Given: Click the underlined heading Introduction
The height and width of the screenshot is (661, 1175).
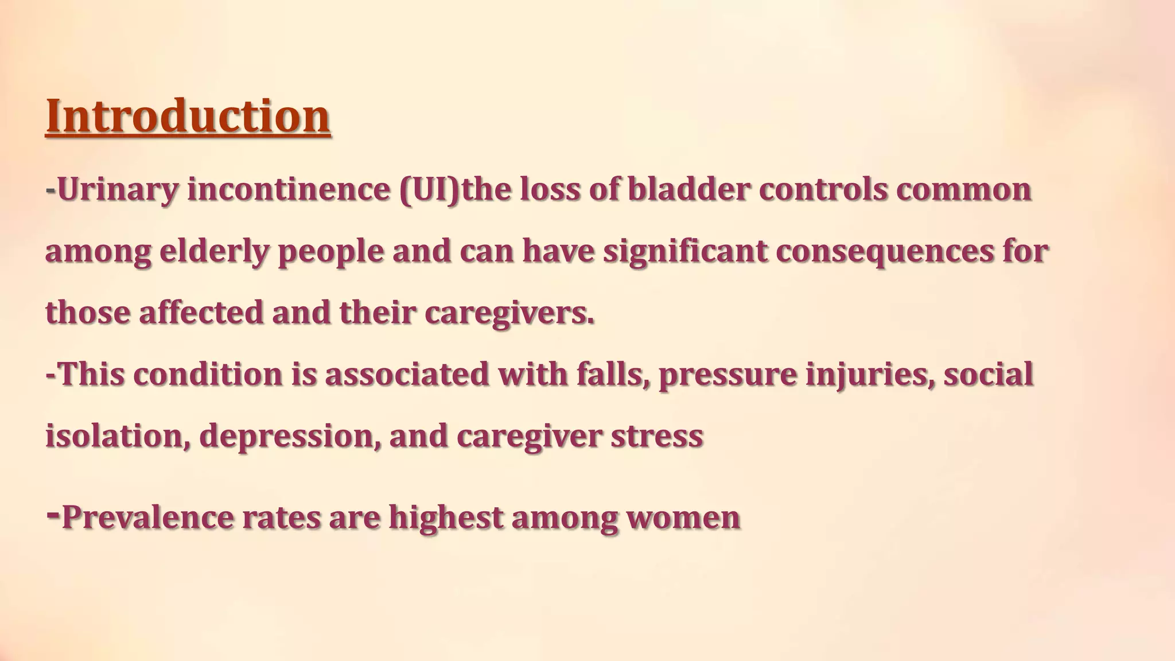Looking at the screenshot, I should [x=188, y=116].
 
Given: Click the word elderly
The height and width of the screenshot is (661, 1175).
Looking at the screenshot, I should [x=214, y=251].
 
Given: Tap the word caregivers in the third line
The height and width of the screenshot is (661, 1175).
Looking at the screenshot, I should [x=509, y=313].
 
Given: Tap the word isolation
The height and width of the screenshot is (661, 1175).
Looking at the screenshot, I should [x=118, y=436].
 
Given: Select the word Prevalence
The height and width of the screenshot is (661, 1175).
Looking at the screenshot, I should [x=147, y=517].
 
